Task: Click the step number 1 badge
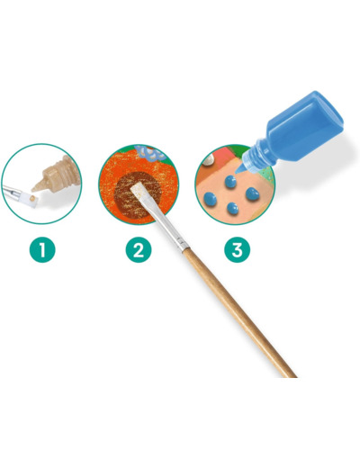(x=42, y=249)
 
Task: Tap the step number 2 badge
(x=139, y=249)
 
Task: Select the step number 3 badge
(x=238, y=249)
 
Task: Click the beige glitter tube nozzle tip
(x=33, y=189)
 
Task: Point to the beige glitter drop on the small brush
(x=32, y=198)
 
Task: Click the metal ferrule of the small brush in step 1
(x=12, y=191)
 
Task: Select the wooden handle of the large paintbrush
(x=239, y=312)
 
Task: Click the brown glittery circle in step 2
(x=136, y=195)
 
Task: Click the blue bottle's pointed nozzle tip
(x=237, y=172)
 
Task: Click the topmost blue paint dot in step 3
(x=230, y=182)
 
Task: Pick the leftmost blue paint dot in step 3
(x=210, y=199)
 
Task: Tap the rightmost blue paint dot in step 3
(x=252, y=194)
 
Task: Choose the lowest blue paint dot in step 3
(x=232, y=209)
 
